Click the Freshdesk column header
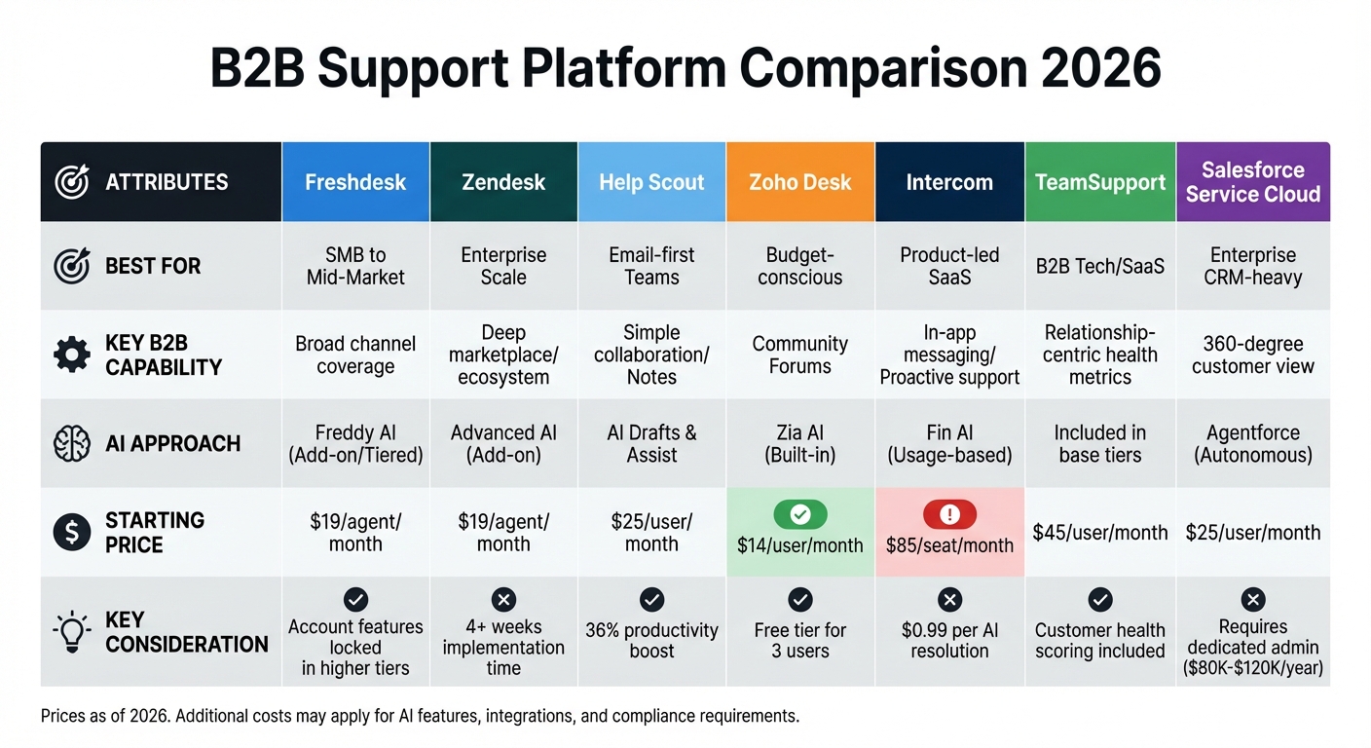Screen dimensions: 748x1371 355,182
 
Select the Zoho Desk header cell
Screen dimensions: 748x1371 799,182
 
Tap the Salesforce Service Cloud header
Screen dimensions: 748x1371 1252,182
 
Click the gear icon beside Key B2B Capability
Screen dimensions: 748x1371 72,355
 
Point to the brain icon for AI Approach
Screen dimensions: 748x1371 72,443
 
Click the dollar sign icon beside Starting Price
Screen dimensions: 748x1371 72,533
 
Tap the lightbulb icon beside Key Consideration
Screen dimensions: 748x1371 72,632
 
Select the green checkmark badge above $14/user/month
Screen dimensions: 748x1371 799,514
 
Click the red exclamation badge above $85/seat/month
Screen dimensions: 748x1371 949,514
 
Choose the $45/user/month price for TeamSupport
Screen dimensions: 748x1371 1100,533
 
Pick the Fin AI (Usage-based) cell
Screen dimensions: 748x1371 949,443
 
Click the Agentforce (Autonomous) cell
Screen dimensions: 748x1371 1252,443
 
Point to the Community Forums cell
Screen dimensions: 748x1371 799,355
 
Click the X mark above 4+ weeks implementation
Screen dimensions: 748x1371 503,600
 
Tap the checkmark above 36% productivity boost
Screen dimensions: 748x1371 651,600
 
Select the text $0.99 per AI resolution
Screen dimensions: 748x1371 949,641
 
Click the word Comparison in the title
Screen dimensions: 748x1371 867,70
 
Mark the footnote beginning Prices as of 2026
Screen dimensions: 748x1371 420,717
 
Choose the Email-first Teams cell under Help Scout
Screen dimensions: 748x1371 651,266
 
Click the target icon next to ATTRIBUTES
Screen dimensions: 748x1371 72,182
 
